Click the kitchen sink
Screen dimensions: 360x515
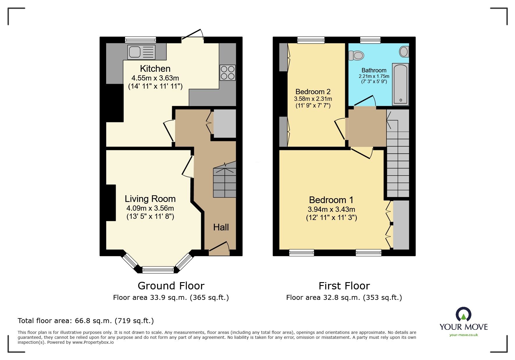[x=141, y=52]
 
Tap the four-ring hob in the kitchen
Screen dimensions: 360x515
[x=227, y=73]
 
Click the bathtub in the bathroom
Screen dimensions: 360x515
[x=400, y=84]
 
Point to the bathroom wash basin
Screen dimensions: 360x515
[x=404, y=52]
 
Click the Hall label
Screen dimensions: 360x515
[x=221, y=227]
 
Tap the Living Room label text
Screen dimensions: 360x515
[x=150, y=199]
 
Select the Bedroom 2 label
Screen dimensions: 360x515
[x=313, y=92]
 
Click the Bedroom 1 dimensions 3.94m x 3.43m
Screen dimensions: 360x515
[x=331, y=209]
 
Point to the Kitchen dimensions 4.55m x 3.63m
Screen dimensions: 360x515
[x=155, y=78]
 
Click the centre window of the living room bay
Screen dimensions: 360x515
[x=158, y=270]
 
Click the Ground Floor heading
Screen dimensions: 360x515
[x=171, y=286]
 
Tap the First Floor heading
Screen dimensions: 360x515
[x=344, y=286]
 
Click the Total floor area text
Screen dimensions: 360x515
[x=86, y=321]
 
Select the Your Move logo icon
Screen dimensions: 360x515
[x=463, y=314]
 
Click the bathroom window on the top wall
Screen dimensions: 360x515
[x=370, y=40]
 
